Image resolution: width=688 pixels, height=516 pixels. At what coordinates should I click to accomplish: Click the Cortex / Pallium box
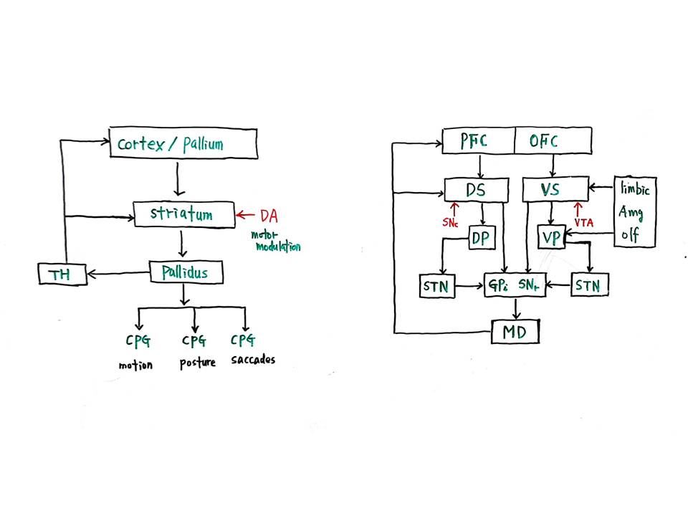coord(183,143)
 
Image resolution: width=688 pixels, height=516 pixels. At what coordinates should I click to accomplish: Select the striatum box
coord(184,214)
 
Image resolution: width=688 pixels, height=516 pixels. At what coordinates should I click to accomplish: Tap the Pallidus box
coord(186,272)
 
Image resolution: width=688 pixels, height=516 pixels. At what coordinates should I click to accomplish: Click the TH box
coord(62,274)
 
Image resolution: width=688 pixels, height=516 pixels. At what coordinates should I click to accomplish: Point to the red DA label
coord(269,216)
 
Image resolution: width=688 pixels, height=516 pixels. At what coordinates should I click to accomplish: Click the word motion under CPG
coord(135,365)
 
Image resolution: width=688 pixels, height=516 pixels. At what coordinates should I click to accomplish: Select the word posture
coord(198,363)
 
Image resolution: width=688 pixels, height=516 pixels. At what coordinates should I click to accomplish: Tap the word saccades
coord(253,360)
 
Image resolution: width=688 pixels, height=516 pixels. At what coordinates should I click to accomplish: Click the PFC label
coord(474,141)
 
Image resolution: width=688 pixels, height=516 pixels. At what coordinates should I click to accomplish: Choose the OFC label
coord(544,141)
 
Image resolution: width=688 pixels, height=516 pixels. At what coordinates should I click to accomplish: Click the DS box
coord(477,190)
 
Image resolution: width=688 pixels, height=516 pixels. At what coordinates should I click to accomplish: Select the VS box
coord(555,189)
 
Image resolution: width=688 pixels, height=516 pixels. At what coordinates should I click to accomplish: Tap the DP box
coord(482,238)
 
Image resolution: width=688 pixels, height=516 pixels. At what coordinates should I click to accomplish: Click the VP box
coord(552,237)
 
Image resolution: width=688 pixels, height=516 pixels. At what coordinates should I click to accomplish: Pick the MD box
coord(515,332)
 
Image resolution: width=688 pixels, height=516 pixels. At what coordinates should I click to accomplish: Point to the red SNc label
coord(450,223)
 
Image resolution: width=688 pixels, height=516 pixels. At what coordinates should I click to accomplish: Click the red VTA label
coord(584,223)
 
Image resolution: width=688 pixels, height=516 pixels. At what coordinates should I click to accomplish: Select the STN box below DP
coord(437,287)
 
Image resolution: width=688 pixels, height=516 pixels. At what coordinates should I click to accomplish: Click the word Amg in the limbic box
coord(631,214)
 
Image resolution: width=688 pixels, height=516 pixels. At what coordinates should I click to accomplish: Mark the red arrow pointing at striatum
coord(245,215)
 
